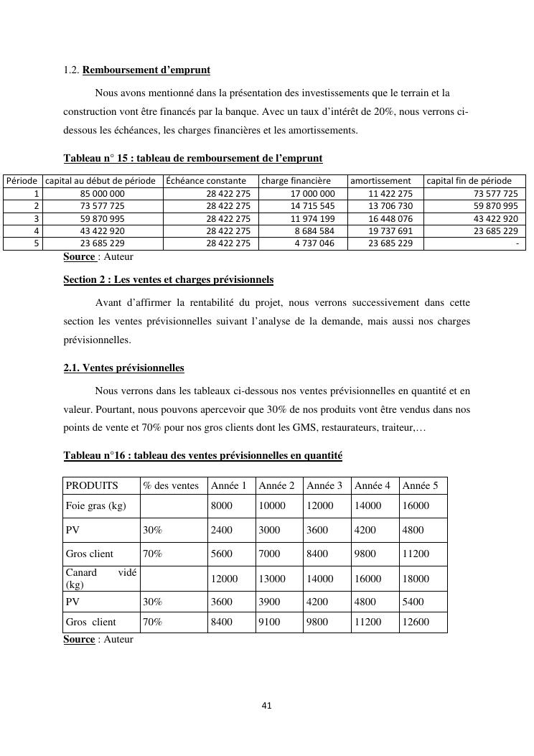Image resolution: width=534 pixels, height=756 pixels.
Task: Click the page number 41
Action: click(266, 706)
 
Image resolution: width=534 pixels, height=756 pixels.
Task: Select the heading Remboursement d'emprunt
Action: click(146, 70)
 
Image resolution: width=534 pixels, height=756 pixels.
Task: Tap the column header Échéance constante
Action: click(206, 181)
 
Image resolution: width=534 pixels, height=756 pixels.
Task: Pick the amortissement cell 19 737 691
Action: click(390, 231)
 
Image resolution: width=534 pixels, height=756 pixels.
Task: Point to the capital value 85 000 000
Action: click(102, 194)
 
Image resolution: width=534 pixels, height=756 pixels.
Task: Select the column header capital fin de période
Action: click(469, 181)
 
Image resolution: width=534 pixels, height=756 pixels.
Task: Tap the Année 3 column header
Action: click(324, 486)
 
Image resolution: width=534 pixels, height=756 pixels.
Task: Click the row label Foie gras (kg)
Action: click(96, 505)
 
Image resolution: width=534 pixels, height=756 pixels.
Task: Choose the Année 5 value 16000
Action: click(416, 505)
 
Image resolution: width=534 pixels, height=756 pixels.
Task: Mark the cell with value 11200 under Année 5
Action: click(417, 554)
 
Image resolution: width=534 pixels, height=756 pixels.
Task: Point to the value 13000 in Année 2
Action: click(272, 579)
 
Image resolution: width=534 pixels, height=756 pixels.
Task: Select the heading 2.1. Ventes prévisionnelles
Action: click(123, 368)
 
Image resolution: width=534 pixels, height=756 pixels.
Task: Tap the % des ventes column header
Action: click(171, 486)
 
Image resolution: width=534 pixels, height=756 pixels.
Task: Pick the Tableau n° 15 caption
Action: click(193, 158)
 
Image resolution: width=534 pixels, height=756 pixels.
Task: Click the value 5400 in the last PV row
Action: click(413, 602)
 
